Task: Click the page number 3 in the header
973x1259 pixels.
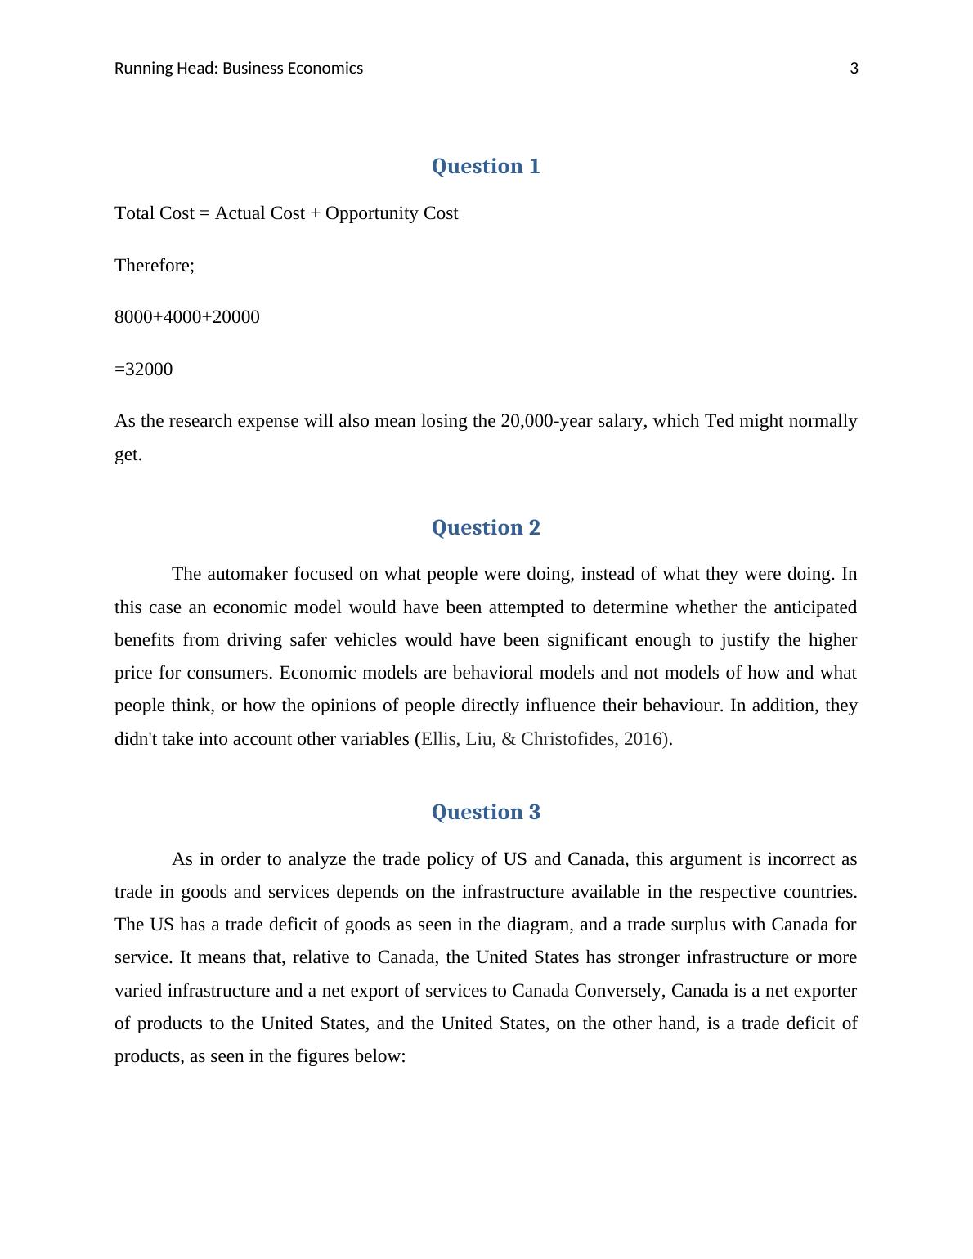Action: click(x=854, y=69)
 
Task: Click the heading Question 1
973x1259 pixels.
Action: click(x=486, y=167)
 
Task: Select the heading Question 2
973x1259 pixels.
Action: click(x=486, y=528)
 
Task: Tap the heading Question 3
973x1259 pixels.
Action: click(x=486, y=813)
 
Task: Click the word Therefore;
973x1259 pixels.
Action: click(x=155, y=266)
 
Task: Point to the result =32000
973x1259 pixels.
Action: click(x=144, y=370)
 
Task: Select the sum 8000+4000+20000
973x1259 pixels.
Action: click(x=187, y=317)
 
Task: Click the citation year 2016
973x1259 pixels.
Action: click(x=643, y=739)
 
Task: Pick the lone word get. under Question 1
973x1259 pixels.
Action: click(x=128, y=455)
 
